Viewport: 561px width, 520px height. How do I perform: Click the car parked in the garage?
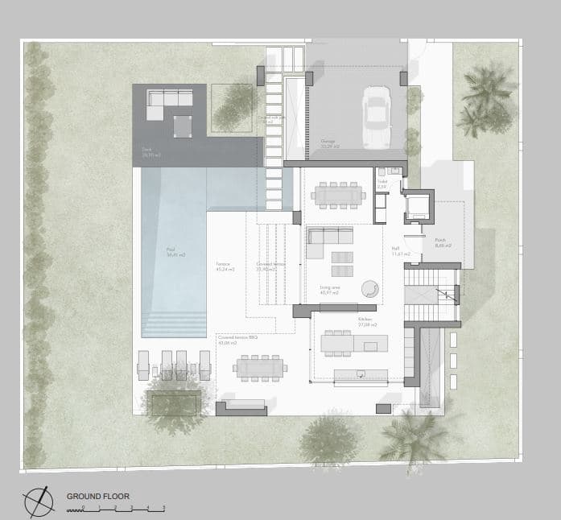coord(376,118)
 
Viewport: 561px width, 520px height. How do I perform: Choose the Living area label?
coord(329,291)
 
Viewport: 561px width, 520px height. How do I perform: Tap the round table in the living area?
coord(370,287)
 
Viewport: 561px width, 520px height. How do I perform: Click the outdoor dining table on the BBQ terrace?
coord(259,369)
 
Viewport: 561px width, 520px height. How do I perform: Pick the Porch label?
coord(443,243)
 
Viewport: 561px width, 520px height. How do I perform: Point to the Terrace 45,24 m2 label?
coord(225,266)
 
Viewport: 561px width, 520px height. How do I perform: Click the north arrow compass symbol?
coord(39,502)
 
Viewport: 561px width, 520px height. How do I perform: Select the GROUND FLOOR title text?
coord(97,497)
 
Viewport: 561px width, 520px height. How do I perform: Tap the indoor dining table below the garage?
coord(338,194)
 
